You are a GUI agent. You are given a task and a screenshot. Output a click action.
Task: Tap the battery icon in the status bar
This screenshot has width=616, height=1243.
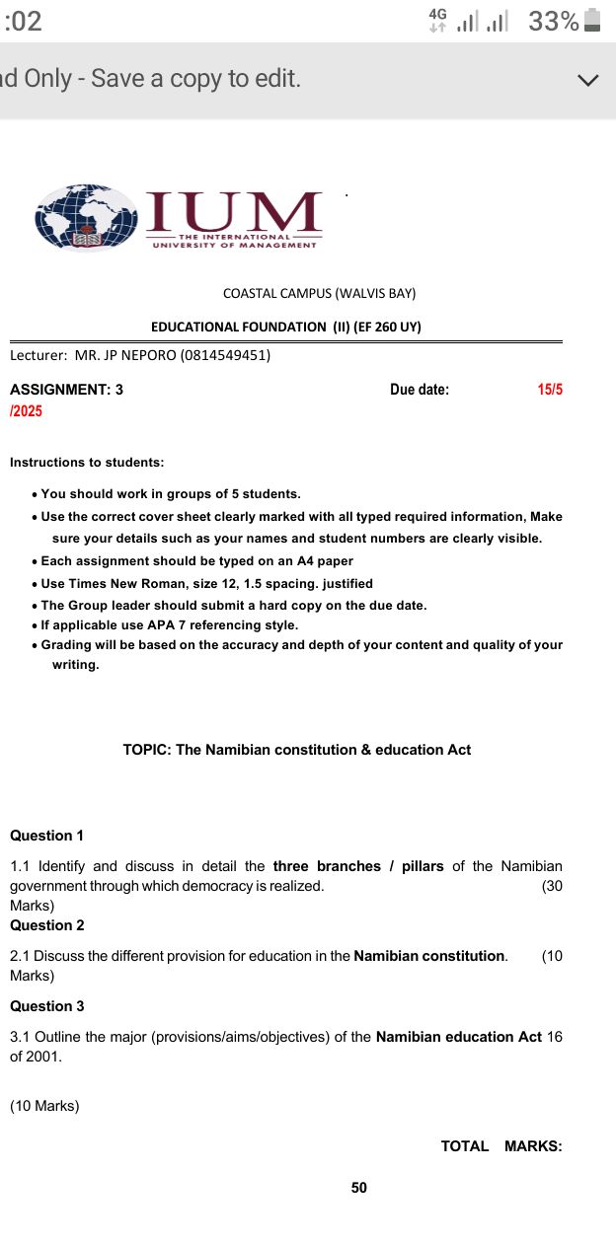[592, 21]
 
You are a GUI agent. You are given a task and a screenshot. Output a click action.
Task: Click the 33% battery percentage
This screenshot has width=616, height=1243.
[553, 21]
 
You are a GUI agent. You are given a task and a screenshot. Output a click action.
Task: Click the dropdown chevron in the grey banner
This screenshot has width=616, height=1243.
[588, 80]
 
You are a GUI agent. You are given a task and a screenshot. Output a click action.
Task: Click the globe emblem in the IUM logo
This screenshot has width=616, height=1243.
[85, 217]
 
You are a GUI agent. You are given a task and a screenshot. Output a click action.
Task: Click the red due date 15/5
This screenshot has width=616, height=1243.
[550, 390]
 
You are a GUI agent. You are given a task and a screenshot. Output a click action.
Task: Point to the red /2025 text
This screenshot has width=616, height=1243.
[27, 410]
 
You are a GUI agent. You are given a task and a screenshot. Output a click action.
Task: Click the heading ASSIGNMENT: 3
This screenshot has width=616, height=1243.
[67, 390]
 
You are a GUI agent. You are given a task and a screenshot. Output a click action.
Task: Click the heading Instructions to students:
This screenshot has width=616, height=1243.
[87, 462]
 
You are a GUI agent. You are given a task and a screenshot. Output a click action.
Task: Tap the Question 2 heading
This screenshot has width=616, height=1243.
[47, 925]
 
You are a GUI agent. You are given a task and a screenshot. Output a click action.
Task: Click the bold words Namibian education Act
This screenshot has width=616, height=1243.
[459, 1037]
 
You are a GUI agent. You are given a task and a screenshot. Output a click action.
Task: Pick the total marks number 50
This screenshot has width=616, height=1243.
[358, 1188]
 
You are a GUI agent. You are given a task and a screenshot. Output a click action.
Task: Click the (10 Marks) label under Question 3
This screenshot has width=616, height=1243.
[44, 1106]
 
